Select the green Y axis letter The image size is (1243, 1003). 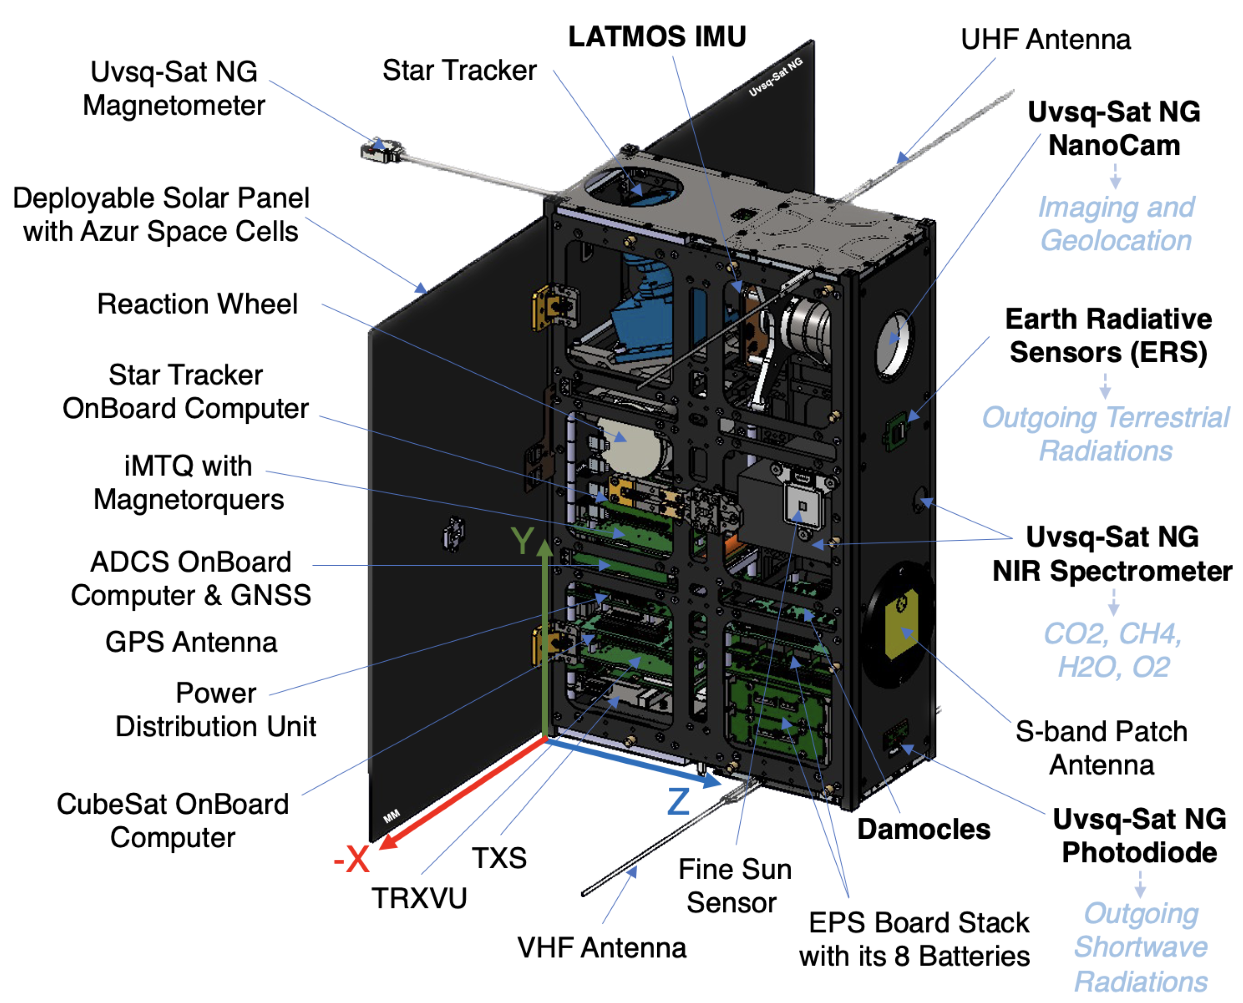click(522, 541)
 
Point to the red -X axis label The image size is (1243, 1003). click(352, 859)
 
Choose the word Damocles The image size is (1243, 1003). click(923, 829)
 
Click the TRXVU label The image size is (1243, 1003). click(419, 898)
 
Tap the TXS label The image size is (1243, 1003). click(499, 857)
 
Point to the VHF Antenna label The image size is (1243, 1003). click(601, 947)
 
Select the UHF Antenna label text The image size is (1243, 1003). click(1045, 39)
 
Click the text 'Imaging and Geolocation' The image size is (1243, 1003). click(1115, 223)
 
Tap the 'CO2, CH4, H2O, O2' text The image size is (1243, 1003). click(1113, 650)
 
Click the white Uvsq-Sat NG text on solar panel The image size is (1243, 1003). click(775, 77)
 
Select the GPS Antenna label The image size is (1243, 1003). click(191, 642)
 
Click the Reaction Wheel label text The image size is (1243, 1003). click(197, 304)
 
